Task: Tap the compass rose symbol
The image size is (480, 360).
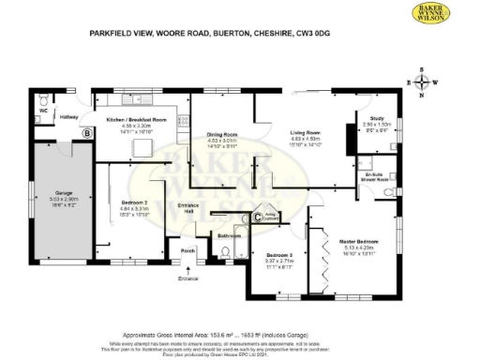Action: tap(424, 82)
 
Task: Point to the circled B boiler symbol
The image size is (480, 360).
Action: tap(87, 134)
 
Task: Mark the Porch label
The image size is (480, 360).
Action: tap(187, 250)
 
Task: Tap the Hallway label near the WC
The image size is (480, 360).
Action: tap(69, 116)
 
